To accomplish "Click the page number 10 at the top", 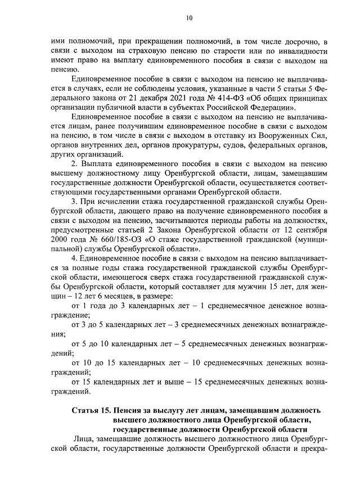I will (x=189, y=18).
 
